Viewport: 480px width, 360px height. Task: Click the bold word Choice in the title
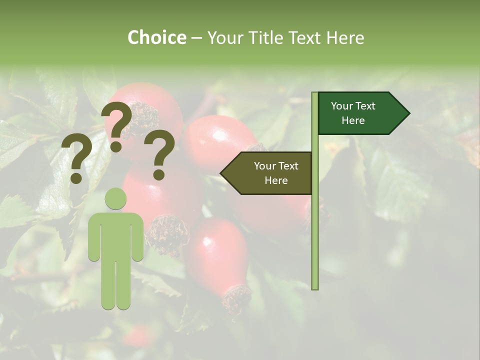(156, 37)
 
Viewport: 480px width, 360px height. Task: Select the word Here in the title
(345, 37)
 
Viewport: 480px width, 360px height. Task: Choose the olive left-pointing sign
(270, 173)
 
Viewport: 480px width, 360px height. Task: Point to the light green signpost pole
(315, 225)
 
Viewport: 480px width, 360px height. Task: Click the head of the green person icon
(115, 198)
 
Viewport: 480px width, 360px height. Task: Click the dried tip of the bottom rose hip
(236, 298)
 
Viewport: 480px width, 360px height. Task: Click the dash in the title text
(196, 38)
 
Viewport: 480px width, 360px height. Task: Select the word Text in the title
(306, 37)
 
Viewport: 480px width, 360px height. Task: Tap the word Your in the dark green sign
(341, 106)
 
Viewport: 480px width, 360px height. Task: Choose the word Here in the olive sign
(276, 180)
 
